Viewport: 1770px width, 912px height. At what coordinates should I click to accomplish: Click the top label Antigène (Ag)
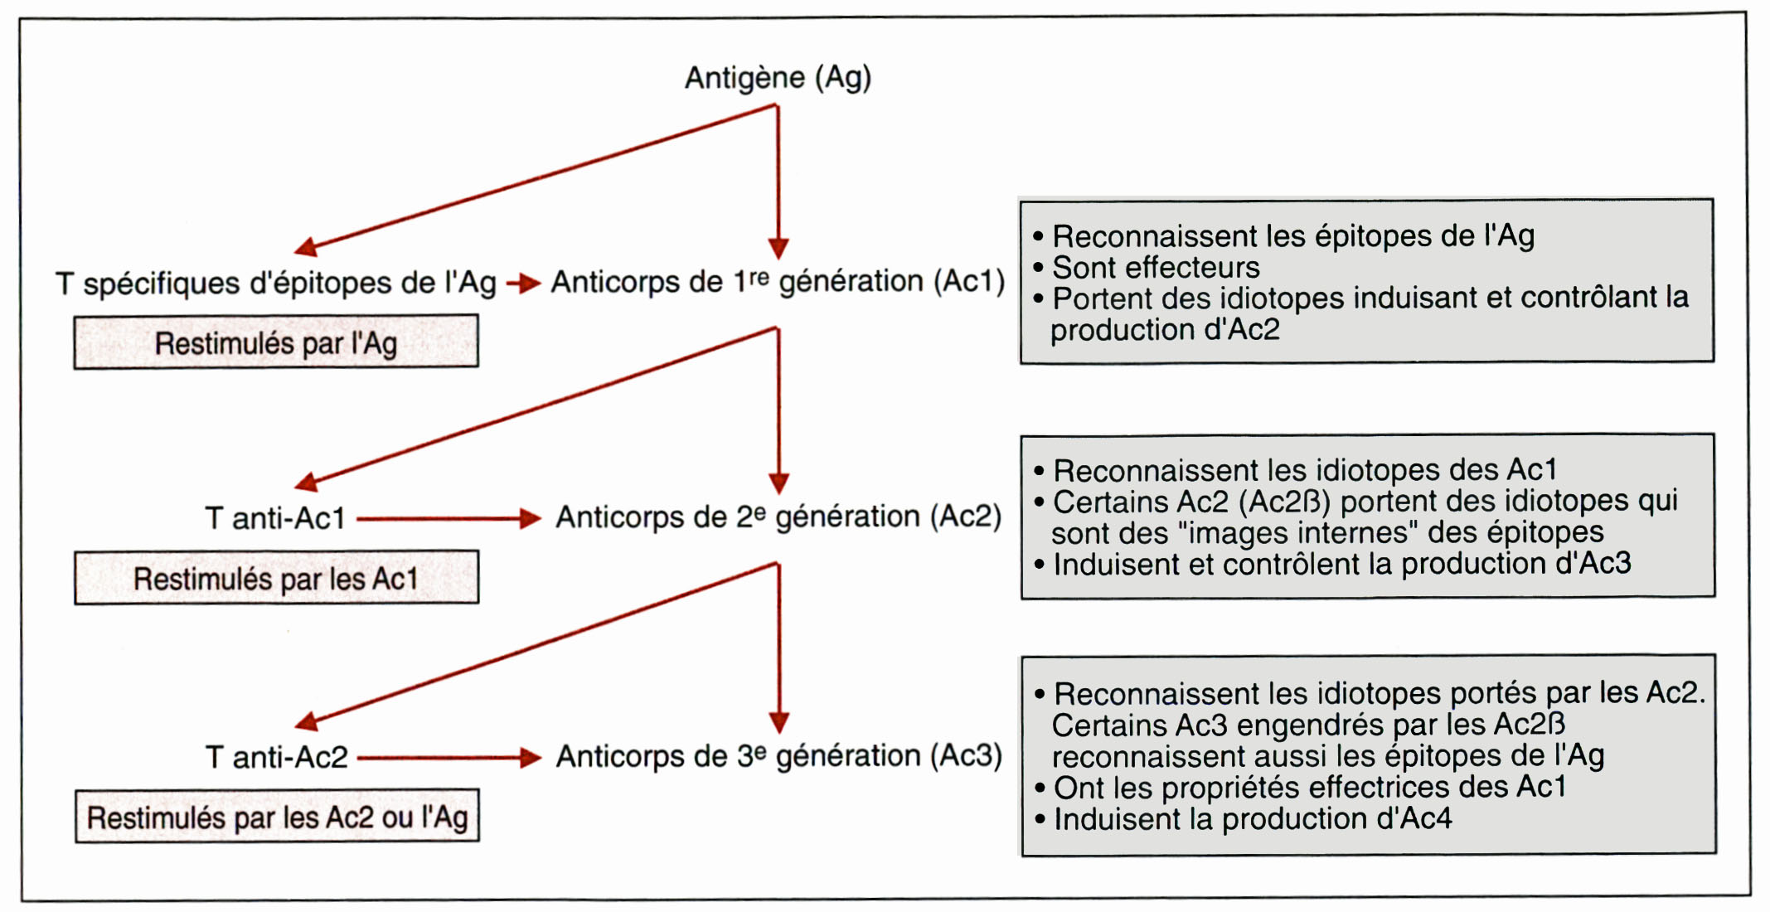click(778, 78)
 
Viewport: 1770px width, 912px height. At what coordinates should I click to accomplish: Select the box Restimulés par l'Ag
click(276, 342)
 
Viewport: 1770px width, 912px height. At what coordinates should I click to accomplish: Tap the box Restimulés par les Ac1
click(276, 578)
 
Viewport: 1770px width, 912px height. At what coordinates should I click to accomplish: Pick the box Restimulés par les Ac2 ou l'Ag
click(277, 816)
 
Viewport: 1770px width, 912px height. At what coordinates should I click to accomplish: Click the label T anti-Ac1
click(274, 518)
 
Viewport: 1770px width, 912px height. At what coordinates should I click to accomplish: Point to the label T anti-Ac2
click(276, 757)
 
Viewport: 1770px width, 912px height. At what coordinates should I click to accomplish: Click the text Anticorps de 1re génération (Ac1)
click(778, 282)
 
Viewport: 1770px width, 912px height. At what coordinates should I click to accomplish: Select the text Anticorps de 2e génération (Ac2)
click(778, 517)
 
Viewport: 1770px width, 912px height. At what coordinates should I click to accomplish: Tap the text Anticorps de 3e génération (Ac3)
click(779, 756)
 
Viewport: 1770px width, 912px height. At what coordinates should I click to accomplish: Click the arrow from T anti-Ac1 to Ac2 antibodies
click(449, 519)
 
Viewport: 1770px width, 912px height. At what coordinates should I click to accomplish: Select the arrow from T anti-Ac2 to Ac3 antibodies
click(449, 757)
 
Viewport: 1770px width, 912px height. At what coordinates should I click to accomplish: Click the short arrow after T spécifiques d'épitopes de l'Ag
click(523, 284)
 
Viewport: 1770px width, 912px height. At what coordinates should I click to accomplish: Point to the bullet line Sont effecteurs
click(1147, 268)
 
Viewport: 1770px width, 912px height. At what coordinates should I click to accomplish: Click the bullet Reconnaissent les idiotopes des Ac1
click(1295, 470)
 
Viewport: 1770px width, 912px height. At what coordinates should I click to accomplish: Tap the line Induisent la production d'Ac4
click(1243, 819)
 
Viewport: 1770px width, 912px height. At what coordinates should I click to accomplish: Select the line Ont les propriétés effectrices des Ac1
click(1300, 787)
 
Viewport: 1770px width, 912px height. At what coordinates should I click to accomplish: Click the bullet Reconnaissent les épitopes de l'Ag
click(1283, 236)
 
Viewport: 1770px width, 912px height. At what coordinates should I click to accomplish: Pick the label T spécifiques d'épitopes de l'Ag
click(276, 284)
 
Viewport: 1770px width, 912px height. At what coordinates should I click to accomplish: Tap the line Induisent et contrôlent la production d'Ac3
click(1332, 564)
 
